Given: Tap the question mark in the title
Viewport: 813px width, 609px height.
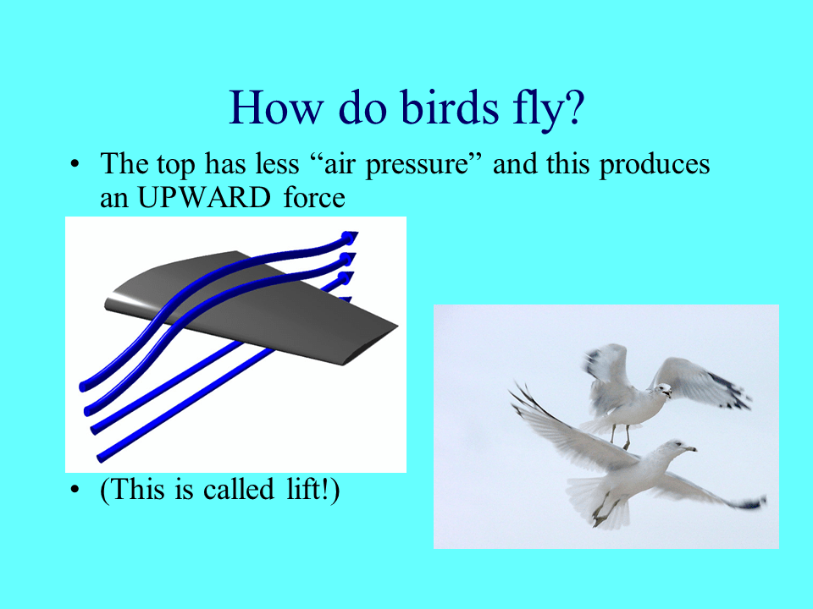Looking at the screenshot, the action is point(573,107).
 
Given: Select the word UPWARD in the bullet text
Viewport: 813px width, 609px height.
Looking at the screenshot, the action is point(204,197).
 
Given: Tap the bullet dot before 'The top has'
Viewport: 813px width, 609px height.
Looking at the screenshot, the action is point(75,164).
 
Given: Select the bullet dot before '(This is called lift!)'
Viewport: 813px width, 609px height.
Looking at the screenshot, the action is point(75,489).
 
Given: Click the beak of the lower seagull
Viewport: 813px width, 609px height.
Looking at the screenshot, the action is point(690,448).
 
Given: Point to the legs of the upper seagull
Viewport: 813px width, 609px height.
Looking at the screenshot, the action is point(621,436).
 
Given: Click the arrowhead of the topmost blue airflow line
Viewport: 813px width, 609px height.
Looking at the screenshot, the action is point(350,238).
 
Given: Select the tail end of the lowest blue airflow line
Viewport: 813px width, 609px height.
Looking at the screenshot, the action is point(101,458).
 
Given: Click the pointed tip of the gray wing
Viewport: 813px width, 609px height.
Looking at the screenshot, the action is point(396,326).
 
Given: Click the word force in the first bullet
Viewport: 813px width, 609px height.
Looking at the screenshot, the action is point(314,197).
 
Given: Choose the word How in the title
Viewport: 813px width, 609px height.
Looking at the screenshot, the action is point(276,107).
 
